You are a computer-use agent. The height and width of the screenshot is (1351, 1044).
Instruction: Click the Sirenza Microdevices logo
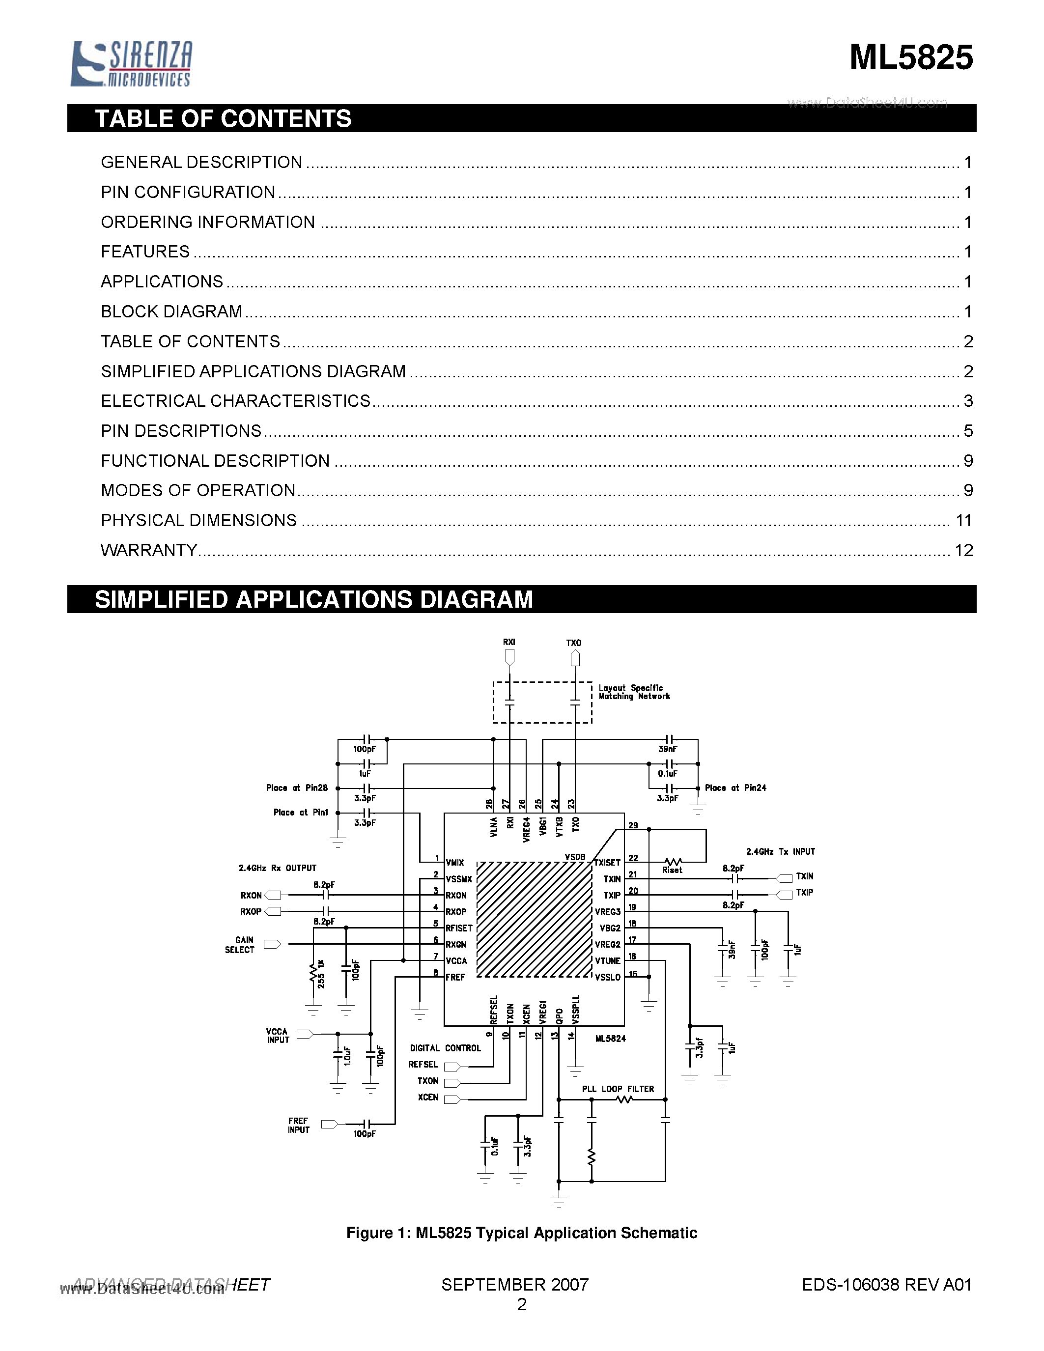131,63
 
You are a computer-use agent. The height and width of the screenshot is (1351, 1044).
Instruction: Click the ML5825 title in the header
910,57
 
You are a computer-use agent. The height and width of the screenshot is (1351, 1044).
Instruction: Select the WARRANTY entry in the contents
149,550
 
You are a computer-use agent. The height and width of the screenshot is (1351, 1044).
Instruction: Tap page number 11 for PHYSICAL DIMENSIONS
963,520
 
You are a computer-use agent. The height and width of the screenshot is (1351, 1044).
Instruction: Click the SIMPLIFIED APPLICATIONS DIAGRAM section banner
313,599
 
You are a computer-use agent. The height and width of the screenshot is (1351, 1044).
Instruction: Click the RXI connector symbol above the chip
509,657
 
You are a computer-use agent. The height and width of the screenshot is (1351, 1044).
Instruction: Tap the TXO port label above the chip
574,643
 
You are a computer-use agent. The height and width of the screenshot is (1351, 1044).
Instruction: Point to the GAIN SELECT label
240,945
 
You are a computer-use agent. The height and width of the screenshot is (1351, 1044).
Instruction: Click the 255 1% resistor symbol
313,974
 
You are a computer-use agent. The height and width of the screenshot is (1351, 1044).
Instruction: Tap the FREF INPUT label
298,1125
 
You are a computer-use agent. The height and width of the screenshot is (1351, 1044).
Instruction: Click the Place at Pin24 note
735,788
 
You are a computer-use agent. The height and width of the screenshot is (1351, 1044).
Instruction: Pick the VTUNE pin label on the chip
607,960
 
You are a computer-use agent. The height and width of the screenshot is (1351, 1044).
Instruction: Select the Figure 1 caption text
521,1233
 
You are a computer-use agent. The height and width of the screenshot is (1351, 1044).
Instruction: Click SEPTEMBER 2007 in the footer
514,1285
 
